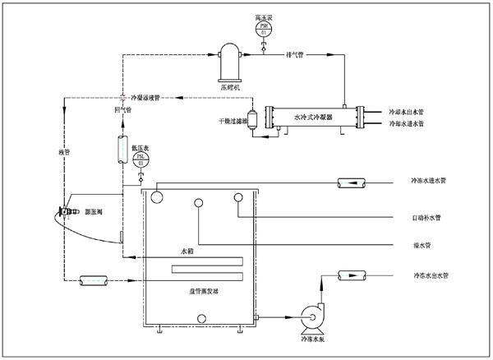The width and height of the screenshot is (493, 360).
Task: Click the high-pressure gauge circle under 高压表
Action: [x=264, y=29]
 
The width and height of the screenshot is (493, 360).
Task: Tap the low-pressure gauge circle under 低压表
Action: [x=141, y=158]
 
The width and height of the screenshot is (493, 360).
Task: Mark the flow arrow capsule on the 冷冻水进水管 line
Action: [x=348, y=181]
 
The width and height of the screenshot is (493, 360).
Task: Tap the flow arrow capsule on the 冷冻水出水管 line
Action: [x=349, y=275]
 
